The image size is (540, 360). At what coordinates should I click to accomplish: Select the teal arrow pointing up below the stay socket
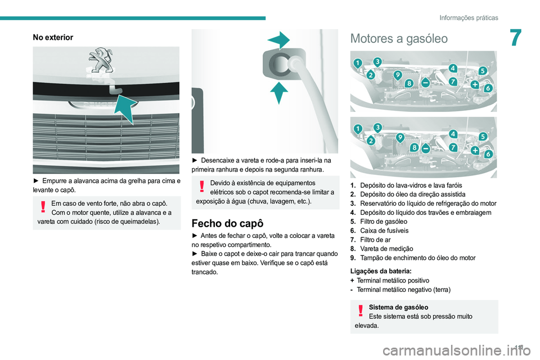click(279, 91)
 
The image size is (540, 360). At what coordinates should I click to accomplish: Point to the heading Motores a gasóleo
click(399, 39)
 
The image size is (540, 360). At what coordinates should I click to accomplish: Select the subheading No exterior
click(53, 37)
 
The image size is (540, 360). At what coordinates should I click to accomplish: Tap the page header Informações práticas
click(469, 17)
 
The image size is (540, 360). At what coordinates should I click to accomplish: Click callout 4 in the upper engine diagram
click(452, 68)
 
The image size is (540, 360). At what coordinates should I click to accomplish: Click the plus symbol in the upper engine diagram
click(475, 84)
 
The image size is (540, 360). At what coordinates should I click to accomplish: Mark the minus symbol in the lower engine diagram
click(426, 148)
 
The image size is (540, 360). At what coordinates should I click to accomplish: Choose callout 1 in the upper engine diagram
click(357, 62)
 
